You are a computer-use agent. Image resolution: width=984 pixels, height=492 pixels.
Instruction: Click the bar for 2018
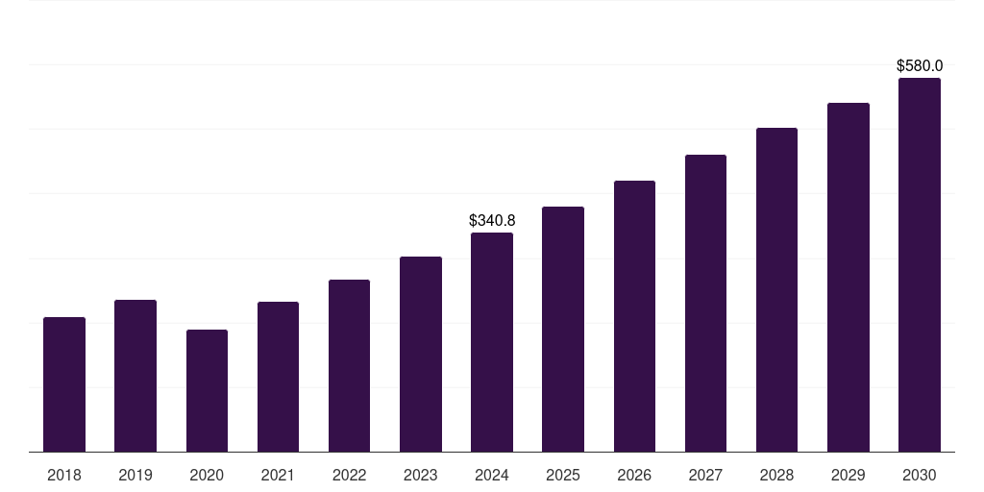point(64,384)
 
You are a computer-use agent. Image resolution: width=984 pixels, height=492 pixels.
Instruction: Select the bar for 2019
point(135,376)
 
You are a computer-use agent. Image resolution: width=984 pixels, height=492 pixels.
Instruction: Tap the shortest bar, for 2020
point(207,391)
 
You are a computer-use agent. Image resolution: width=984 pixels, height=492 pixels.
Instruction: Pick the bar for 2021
point(278,377)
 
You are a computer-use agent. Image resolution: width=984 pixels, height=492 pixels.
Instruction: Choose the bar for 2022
point(349,366)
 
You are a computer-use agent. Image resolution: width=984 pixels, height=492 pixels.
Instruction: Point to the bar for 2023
point(421,355)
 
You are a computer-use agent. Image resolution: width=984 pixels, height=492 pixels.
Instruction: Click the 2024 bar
point(492,342)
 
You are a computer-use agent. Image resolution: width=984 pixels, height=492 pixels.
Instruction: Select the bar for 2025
point(563,330)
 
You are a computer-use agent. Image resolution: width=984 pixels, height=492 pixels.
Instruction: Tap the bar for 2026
point(634,316)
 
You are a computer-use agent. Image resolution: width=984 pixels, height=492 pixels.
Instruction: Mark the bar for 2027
point(705,304)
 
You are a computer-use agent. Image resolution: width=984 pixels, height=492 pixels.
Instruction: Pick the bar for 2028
point(776,290)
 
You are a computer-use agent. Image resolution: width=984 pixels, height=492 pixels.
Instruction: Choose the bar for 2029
point(849,278)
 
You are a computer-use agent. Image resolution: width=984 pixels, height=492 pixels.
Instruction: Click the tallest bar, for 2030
point(920,265)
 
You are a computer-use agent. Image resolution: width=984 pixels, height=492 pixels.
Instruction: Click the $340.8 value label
point(492,221)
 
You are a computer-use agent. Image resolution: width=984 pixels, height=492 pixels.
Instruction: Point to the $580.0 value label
point(920,66)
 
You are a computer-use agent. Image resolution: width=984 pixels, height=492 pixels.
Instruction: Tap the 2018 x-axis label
point(64,476)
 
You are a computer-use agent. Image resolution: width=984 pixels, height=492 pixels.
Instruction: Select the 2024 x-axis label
point(492,476)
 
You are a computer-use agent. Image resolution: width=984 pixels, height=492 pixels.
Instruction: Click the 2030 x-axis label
point(920,476)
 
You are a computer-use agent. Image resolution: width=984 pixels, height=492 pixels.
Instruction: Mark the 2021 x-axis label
point(278,476)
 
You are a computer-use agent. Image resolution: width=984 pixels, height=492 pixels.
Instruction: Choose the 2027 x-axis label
point(705,476)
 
